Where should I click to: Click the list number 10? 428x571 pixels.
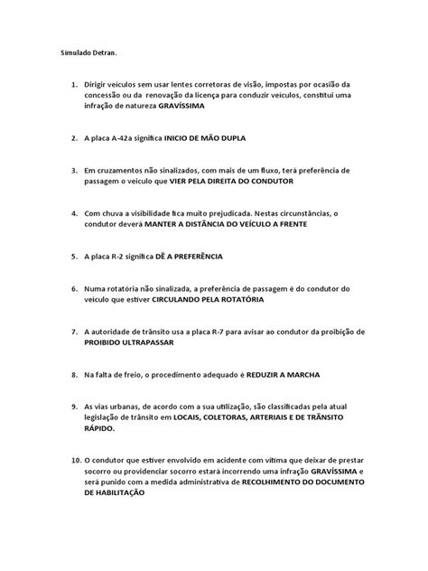coord(70,460)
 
